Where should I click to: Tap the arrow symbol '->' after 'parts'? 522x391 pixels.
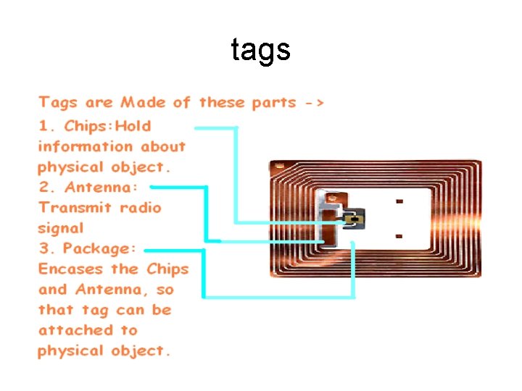point(315,103)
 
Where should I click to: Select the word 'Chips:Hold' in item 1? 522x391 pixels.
point(108,126)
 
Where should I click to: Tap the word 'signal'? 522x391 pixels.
point(61,228)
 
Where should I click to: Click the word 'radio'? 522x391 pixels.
point(141,208)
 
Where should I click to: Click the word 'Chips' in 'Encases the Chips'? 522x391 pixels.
point(167,269)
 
